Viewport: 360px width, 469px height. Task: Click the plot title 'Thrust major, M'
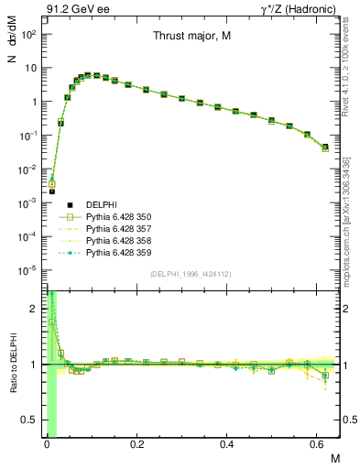click(x=191, y=36)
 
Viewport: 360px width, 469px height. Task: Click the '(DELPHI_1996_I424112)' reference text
click(x=190, y=274)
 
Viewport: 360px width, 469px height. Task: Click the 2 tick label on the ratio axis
click(x=34, y=310)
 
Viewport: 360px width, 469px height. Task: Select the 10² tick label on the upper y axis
click(x=29, y=34)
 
